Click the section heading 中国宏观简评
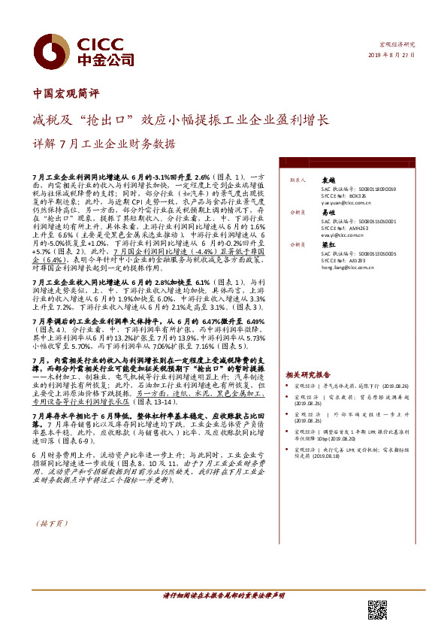click(x=67, y=95)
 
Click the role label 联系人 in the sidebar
click(x=296, y=180)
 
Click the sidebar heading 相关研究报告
click(x=308, y=374)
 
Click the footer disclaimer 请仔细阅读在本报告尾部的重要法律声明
click(x=223, y=595)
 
